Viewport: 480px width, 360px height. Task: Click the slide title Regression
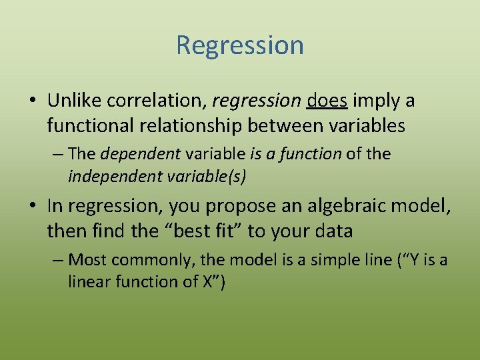tap(240, 45)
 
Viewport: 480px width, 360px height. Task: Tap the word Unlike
tap(73, 101)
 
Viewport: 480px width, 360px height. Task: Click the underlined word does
tap(327, 101)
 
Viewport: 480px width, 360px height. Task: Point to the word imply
tap(375, 101)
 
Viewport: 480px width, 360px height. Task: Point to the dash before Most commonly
tap(59, 260)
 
